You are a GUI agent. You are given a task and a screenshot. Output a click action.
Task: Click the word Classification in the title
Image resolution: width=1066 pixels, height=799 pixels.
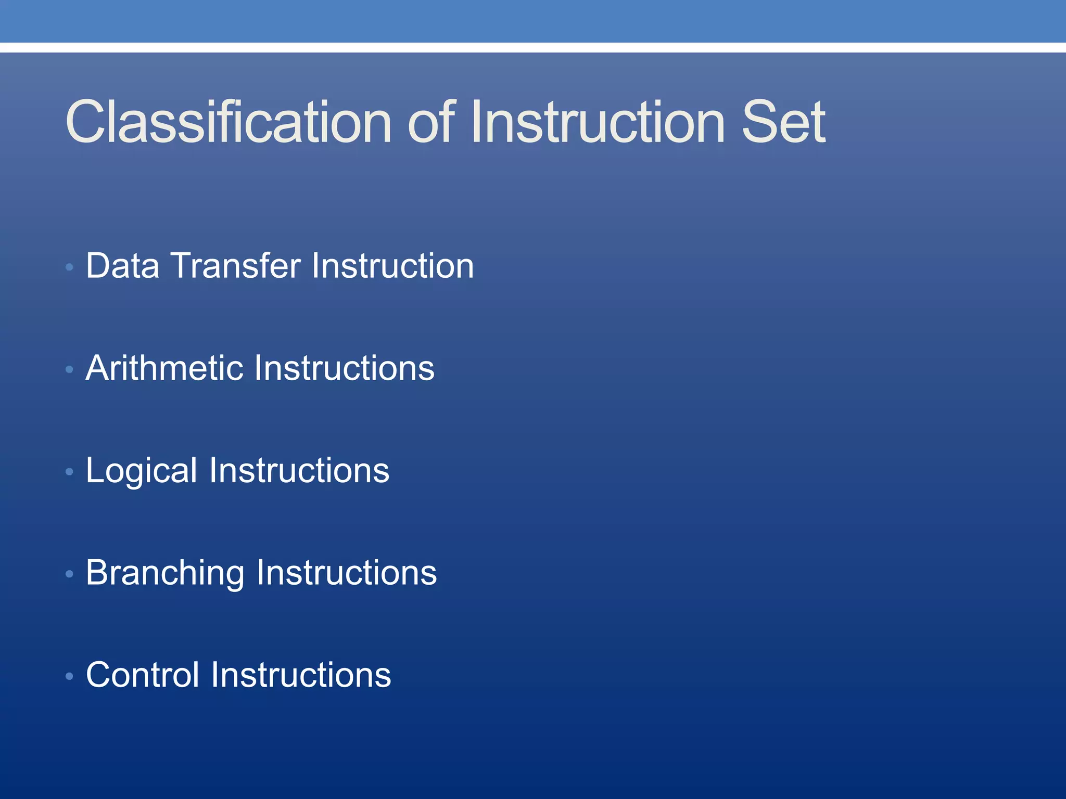point(228,122)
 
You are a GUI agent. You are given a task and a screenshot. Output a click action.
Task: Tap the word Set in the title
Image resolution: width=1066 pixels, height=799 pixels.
point(783,122)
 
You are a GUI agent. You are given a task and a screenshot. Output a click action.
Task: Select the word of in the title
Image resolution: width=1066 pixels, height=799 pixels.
point(432,122)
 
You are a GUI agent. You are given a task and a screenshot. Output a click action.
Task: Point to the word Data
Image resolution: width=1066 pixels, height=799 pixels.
point(123,266)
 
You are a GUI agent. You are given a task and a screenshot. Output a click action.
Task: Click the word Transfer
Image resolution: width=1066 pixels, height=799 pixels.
point(236,266)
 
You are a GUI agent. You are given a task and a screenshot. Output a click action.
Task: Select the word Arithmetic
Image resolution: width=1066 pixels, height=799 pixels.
point(164,368)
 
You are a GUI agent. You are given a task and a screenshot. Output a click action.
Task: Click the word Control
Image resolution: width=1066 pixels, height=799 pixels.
point(143,675)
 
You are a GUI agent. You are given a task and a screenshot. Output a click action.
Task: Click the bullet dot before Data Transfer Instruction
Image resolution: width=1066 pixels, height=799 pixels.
point(69,267)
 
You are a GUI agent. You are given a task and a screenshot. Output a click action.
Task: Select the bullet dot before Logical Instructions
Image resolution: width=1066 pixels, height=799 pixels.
point(69,472)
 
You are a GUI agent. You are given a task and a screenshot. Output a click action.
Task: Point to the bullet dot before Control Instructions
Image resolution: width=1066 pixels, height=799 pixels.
point(69,676)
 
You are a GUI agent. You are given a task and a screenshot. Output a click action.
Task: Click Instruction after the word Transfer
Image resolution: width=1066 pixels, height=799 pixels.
point(392,266)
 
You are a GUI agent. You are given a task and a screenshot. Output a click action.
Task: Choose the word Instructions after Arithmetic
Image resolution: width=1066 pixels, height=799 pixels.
point(344,368)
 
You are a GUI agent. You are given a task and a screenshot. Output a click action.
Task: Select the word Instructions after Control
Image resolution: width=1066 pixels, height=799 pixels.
point(301,675)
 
